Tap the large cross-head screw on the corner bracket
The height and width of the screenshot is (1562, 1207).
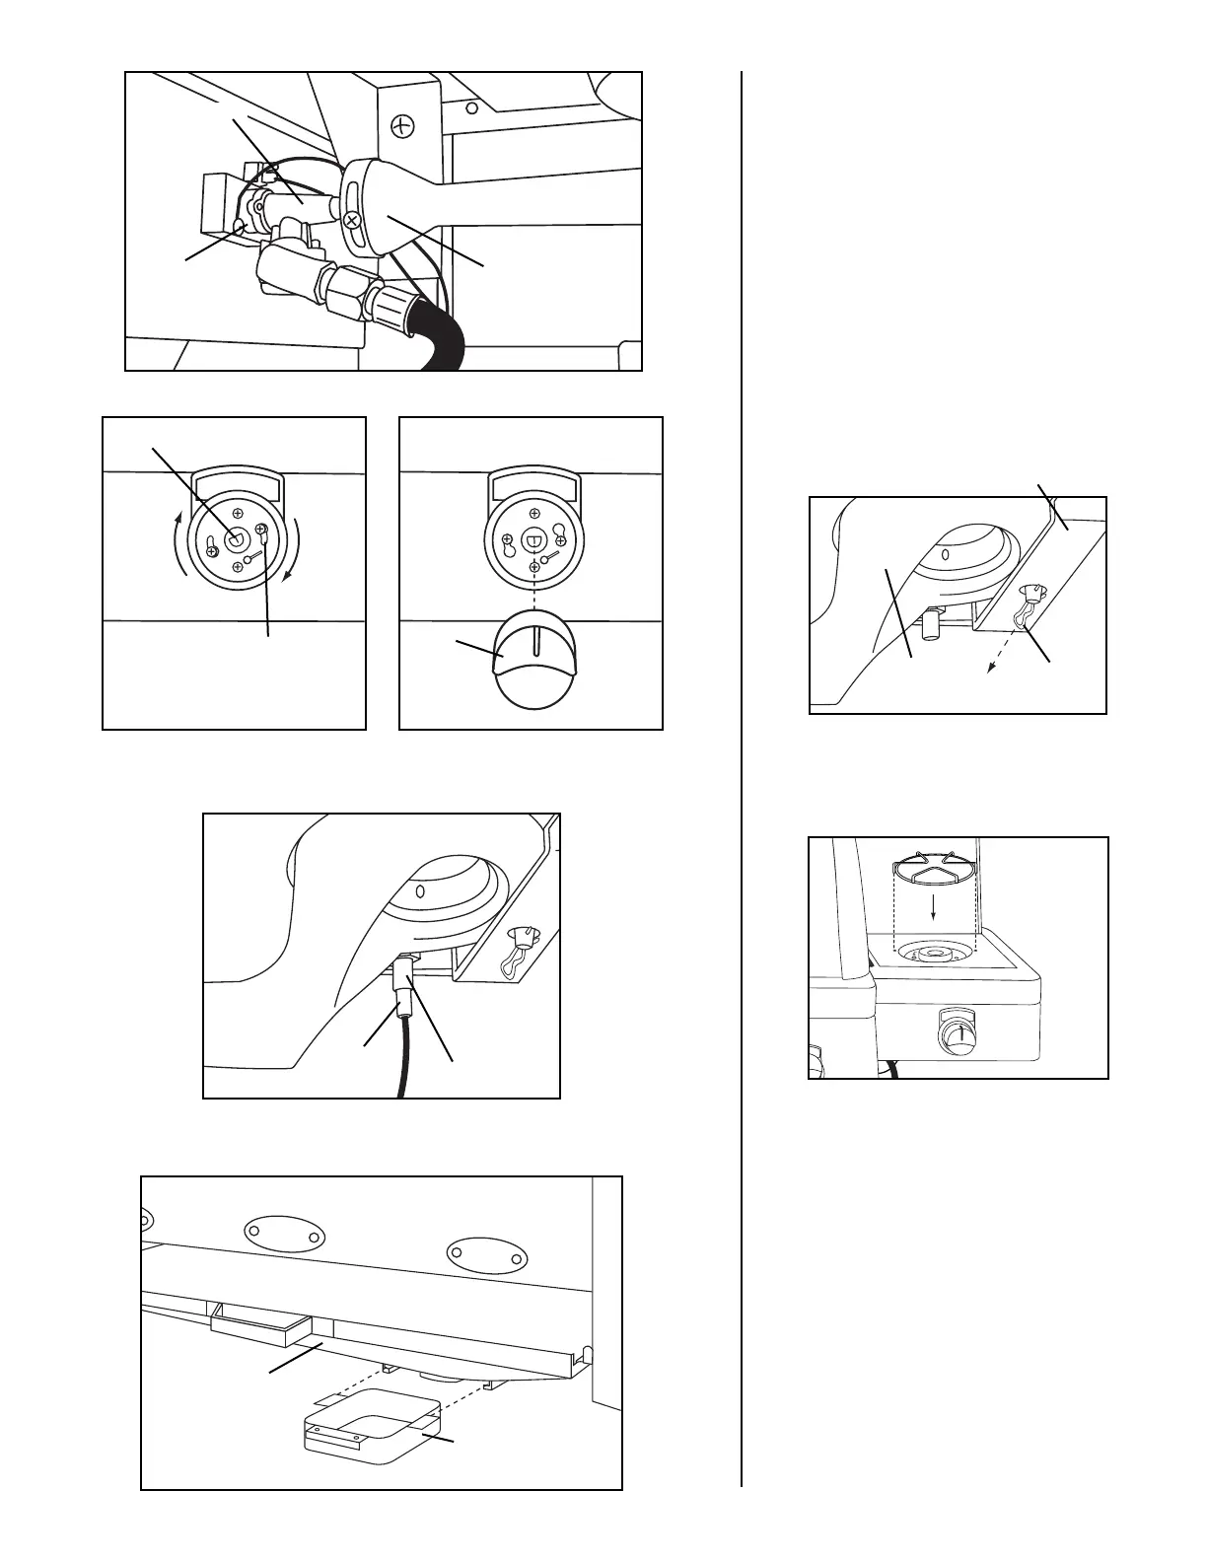[402, 125]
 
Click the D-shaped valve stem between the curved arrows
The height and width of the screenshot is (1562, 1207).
[234, 537]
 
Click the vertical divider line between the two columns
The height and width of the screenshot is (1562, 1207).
[741, 789]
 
